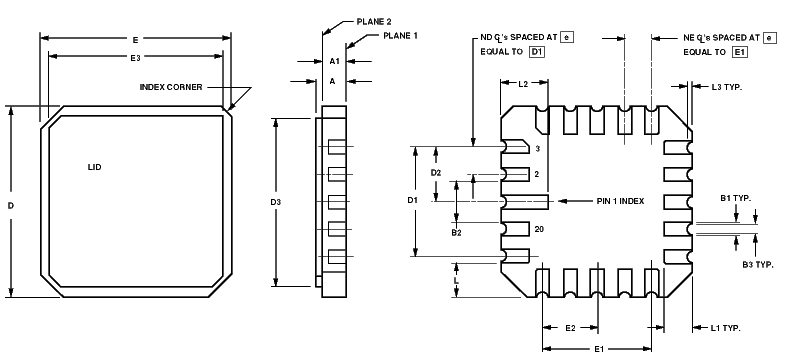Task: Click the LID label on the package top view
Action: pos(95,167)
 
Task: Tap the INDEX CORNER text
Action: pos(171,87)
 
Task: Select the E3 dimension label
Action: pos(135,58)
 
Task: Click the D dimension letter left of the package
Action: pos(10,205)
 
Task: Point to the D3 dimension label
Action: pos(276,203)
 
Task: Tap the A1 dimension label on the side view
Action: pos(335,61)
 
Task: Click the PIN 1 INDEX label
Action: pos(620,202)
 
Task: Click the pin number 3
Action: pos(537,149)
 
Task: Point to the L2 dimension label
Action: pos(523,84)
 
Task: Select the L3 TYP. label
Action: pos(733,88)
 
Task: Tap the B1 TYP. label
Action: pos(735,198)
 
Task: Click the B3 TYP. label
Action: pos(757,265)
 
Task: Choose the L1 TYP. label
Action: pos(730,328)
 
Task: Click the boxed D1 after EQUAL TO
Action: pos(536,51)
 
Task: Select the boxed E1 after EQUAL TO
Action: pos(739,51)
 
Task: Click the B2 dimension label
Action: pos(456,233)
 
